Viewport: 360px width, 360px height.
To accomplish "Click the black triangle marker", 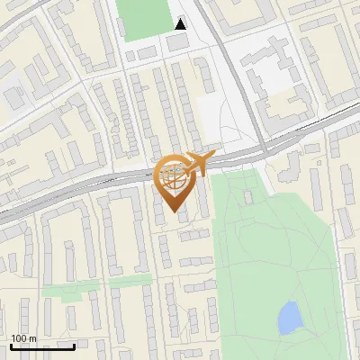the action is (x=181, y=24).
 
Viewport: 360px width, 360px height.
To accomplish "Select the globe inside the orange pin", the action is (x=175, y=176).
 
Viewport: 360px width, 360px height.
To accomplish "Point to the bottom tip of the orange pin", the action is (x=175, y=213).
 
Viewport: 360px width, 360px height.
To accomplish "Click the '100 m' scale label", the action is (x=23, y=338).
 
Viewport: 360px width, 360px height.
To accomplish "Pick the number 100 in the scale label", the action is (x=19, y=338).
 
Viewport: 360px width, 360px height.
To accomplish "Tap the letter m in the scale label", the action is (x=32, y=338).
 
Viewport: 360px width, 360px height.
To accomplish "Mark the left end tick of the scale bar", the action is (x=11, y=344).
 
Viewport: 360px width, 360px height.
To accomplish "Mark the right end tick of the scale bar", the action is (x=74, y=344).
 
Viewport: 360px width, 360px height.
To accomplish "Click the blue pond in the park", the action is (x=289, y=317).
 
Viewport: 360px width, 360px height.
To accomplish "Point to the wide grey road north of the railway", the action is (x=225, y=63).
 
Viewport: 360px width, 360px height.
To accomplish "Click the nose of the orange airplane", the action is (x=211, y=157).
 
